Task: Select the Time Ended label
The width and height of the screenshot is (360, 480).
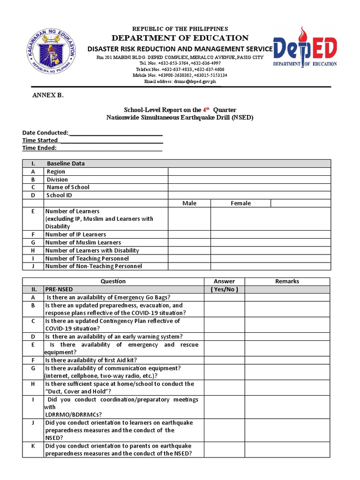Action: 39,148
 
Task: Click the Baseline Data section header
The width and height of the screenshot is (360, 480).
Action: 66,164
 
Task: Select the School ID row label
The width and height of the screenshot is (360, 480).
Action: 59,195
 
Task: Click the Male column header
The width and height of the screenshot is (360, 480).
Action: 189,203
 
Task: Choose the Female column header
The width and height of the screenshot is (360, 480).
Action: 240,203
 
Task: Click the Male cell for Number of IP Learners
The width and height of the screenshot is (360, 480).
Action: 189,234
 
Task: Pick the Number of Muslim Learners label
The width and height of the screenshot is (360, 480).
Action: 83,242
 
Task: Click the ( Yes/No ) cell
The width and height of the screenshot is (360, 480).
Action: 224,289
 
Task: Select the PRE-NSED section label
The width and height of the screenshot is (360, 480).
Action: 59,289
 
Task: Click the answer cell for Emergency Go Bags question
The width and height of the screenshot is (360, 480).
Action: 224,297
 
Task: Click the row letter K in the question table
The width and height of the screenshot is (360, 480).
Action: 33,446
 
